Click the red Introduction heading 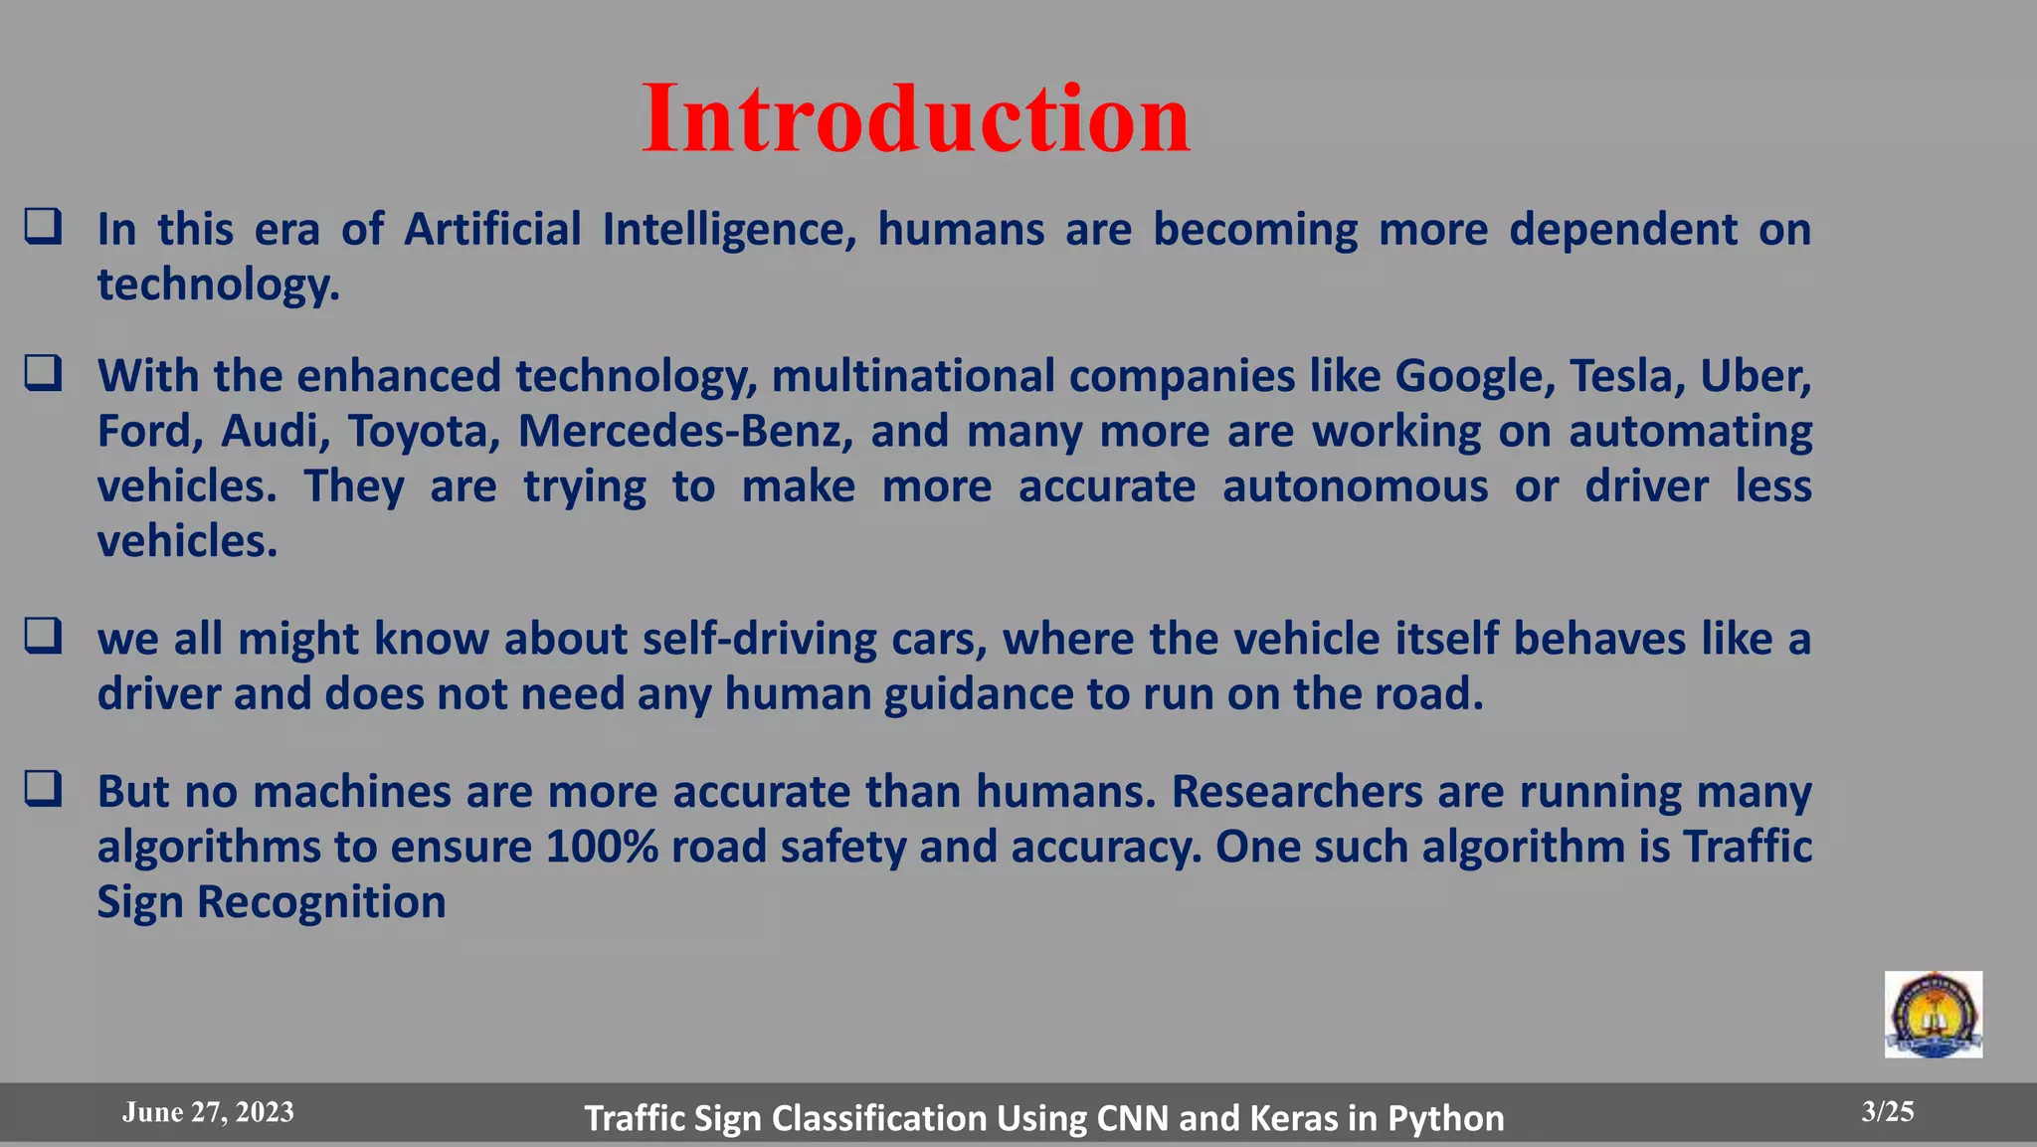(x=915, y=119)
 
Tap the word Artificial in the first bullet (x=492, y=230)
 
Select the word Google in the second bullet (x=1475, y=377)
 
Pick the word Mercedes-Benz (x=685, y=432)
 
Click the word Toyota (x=418, y=432)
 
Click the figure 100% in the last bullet (x=602, y=847)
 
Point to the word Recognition (x=321, y=902)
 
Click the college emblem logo (x=1933, y=1015)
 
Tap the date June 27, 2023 (x=208, y=1112)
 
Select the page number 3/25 (x=1888, y=1112)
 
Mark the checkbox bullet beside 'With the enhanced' (x=44, y=373)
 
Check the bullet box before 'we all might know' (x=44, y=636)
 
